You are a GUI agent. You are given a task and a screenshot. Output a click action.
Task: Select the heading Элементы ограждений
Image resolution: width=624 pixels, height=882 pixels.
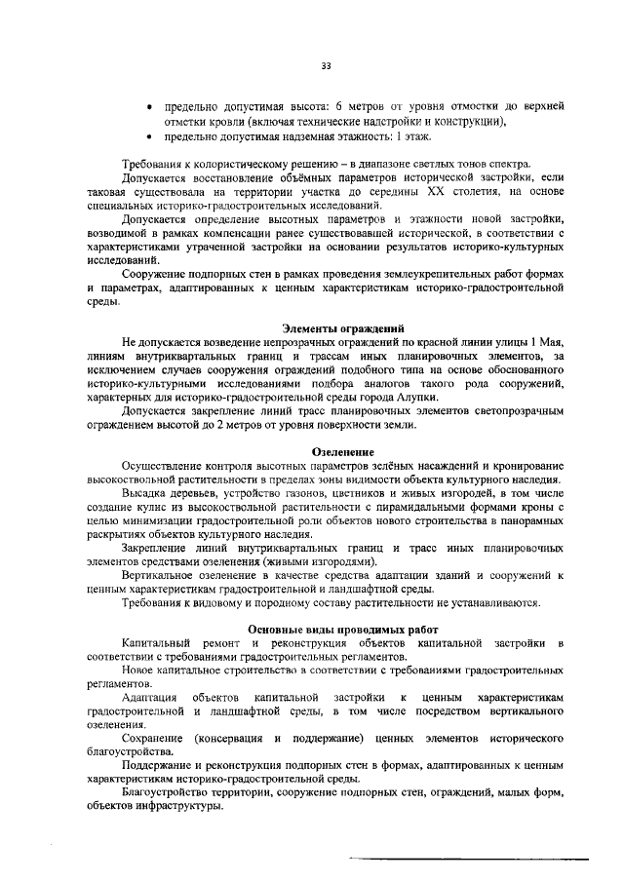click(342, 328)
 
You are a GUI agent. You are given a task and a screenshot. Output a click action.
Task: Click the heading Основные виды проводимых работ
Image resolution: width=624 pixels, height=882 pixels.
click(342, 630)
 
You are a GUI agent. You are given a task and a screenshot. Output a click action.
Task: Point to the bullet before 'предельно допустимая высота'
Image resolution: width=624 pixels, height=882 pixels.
click(147, 104)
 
